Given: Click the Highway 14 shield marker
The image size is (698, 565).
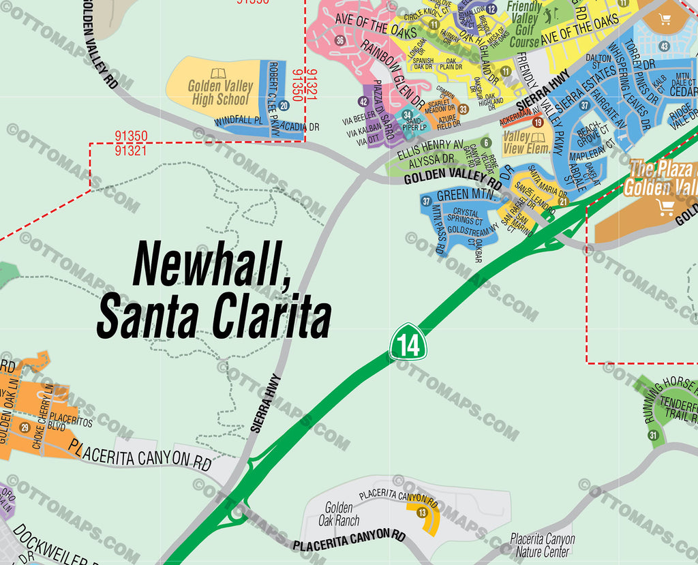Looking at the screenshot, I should (408, 343).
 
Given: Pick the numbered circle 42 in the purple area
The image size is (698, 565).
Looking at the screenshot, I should (364, 102).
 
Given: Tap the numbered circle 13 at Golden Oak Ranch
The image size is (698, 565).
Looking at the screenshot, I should (423, 513).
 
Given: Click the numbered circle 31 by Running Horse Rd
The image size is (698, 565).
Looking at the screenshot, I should (652, 436).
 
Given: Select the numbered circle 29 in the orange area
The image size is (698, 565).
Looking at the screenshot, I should (25, 427).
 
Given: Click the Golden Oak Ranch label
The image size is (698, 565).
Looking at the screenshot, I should (339, 515).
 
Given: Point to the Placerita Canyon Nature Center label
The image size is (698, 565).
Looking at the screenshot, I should (543, 545).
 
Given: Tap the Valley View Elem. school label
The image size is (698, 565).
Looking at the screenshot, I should (526, 143).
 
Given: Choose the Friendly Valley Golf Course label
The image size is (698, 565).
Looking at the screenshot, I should (524, 24).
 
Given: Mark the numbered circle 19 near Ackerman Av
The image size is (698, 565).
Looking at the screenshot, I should (538, 123).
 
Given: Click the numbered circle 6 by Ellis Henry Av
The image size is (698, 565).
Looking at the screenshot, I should (486, 142).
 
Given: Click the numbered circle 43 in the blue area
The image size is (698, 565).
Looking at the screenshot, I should (664, 46).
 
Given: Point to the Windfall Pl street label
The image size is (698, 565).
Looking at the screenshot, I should (239, 121).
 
